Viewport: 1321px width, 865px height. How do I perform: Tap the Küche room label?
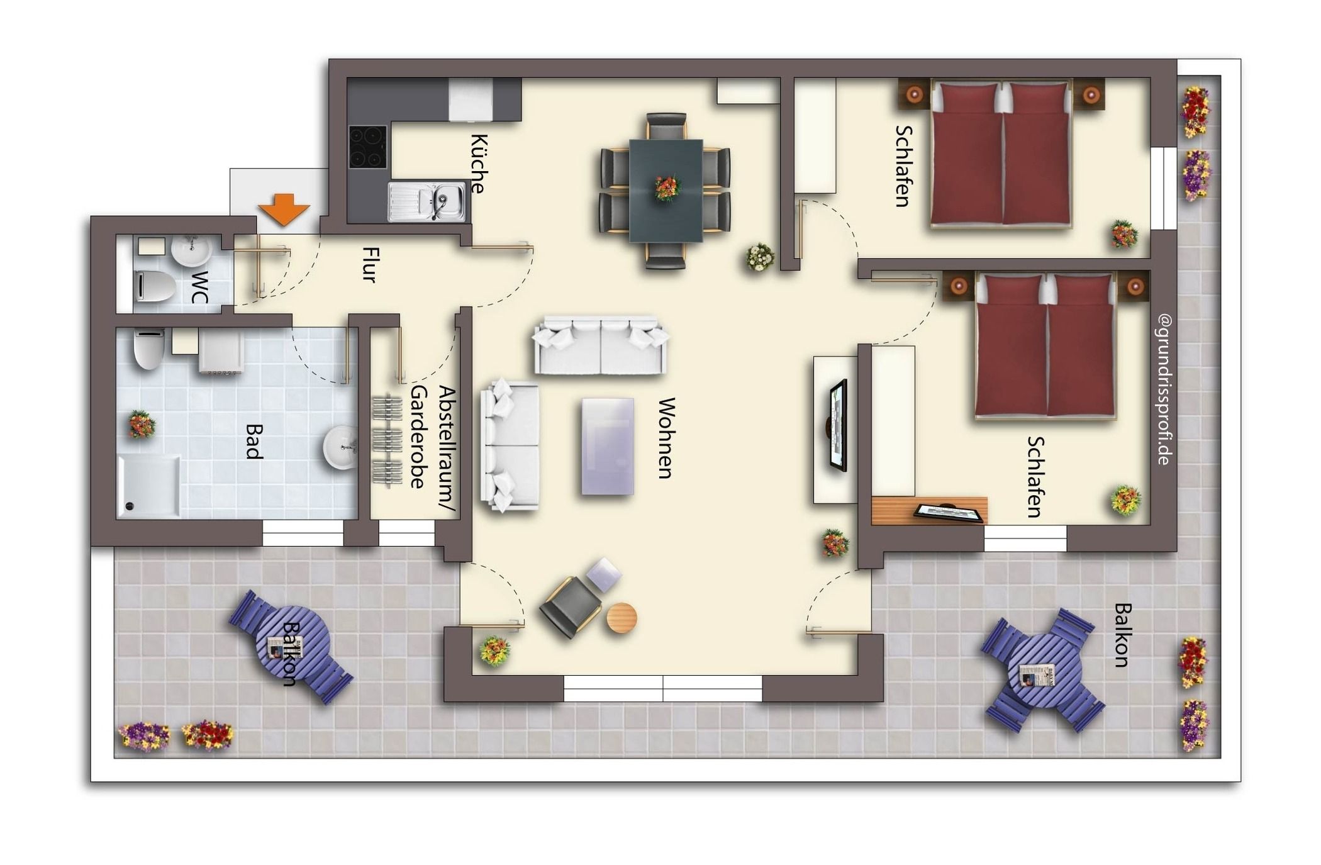(479, 164)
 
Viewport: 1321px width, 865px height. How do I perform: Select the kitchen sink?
(426, 202)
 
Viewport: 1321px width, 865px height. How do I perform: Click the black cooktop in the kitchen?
(368, 147)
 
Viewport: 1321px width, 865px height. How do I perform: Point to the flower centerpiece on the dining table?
(667, 187)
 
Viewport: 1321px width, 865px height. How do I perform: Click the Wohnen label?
(666, 438)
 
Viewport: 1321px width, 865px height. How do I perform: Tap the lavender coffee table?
(608, 446)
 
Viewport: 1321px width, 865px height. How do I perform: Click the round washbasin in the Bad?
(340, 448)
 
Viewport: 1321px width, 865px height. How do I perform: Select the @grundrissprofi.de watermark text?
(1164, 390)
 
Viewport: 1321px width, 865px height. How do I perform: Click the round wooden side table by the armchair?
(621, 618)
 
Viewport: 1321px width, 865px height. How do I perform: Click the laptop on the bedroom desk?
(948, 513)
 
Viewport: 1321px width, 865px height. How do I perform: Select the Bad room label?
(254, 442)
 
